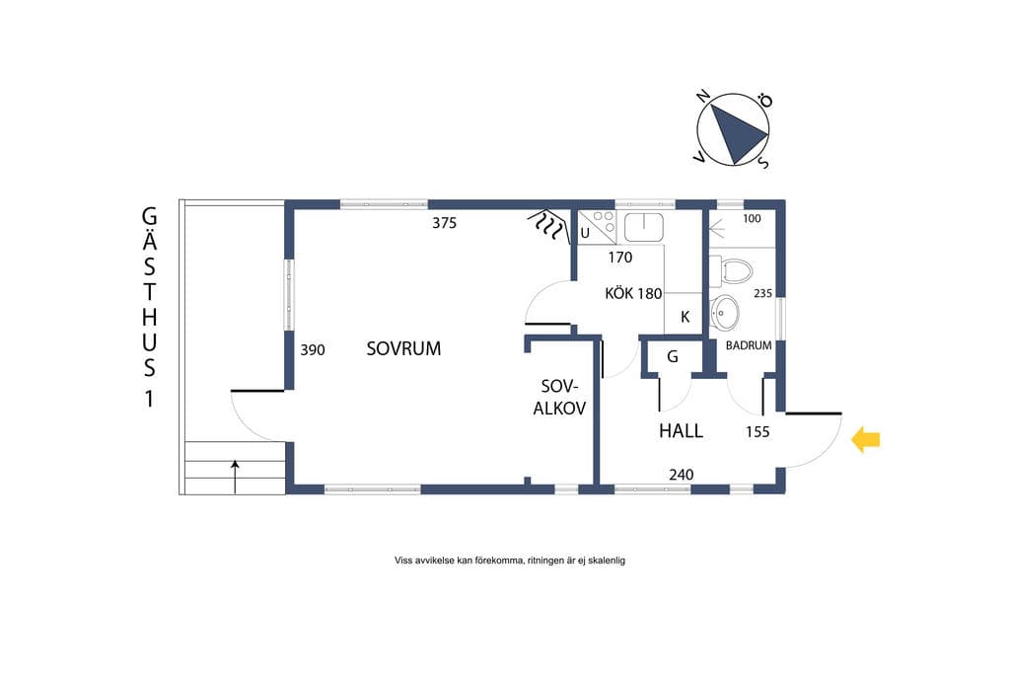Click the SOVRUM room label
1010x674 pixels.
[403, 348]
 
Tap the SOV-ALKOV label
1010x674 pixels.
[559, 397]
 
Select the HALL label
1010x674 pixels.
[681, 430]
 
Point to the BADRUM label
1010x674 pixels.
[749, 345]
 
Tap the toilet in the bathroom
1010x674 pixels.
[731, 271]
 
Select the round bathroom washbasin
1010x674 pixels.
[724, 313]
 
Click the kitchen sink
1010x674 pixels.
[643, 227]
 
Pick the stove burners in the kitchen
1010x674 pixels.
[605, 222]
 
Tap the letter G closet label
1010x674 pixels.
[673, 356]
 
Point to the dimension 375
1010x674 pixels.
[445, 223]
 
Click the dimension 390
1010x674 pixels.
[313, 350]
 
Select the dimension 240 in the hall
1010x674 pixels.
[681, 475]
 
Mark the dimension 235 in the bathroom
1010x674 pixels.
[762, 293]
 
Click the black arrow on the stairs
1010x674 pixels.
[235, 477]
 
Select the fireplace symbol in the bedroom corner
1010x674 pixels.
[548, 226]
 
